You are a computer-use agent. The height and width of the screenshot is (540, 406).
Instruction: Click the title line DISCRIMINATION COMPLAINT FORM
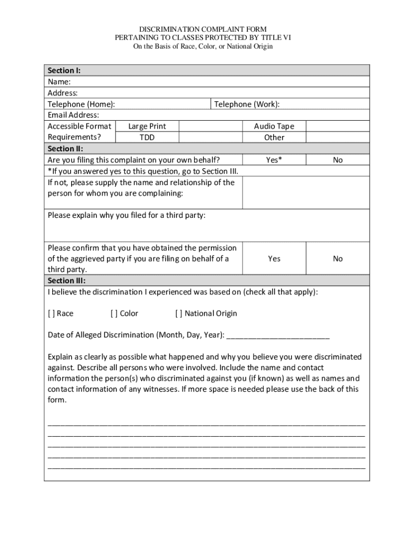click(202, 29)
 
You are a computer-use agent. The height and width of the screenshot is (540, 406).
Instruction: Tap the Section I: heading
click(64, 71)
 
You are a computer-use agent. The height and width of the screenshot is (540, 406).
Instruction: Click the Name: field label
click(59, 82)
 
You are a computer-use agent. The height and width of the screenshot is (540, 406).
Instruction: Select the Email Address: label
click(73, 115)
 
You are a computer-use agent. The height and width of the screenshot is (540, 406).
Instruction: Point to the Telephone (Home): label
click(81, 104)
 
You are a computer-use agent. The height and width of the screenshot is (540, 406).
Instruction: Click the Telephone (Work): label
click(247, 104)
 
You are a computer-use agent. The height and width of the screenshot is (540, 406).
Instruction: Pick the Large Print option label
click(147, 126)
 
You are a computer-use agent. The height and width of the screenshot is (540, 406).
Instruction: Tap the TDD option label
click(147, 137)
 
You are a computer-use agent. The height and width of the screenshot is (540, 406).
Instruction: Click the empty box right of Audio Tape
click(337, 126)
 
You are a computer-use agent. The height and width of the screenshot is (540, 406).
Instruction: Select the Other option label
click(274, 137)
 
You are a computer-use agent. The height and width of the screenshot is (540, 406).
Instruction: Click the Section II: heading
click(65, 149)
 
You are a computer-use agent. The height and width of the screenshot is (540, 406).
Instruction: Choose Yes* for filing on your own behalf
click(274, 160)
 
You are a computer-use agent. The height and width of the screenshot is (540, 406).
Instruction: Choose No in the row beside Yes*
click(337, 160)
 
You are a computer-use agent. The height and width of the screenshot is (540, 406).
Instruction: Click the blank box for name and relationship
click(306, 192)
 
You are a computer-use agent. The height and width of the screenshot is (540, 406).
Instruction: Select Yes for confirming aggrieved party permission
click(274, 258)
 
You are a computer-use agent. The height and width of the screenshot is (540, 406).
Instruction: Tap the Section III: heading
click(66, 281)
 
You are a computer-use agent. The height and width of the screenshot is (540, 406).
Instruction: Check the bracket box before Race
click(51, 313)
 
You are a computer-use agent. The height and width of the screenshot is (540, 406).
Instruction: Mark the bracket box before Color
click(114, 313)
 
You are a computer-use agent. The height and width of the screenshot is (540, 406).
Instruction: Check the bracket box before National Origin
click(179, 313)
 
